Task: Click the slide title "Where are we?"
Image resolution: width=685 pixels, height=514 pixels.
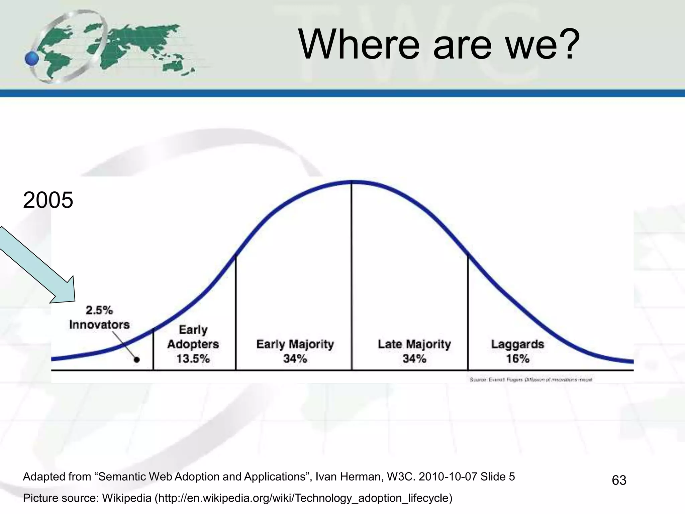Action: pos(439,44)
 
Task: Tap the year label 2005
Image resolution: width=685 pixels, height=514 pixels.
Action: pos(48,200)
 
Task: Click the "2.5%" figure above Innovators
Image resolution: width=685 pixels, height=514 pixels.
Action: pos(99,310)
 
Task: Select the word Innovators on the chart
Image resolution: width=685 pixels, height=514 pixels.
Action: pos(99,325)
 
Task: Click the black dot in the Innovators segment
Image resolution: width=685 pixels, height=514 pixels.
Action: pos(136,360)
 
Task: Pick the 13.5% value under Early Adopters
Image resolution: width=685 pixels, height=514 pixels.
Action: pos(193,359)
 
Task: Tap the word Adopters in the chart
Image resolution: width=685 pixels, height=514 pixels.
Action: pos(193,344)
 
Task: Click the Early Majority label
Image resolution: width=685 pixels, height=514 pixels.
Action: pos(295,344)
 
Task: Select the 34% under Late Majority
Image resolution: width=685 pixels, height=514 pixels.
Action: pos(414,359)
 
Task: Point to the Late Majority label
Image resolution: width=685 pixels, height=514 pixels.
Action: pos(414,344)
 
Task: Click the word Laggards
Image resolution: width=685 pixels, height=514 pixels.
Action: pos(517,344)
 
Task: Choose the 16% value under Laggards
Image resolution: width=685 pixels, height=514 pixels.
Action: pos(517,359)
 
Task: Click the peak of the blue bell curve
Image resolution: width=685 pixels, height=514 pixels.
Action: pos(352,182)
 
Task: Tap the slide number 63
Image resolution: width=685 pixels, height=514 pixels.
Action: pos(619,480)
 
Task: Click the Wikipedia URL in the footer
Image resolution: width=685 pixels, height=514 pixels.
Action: pos(303,498)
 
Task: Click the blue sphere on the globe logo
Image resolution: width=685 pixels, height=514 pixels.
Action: pos(32,59)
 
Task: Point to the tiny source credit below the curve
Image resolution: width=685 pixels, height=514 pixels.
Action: pos(531,379)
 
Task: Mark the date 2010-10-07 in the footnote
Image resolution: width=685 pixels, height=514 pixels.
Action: pos(448,477)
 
